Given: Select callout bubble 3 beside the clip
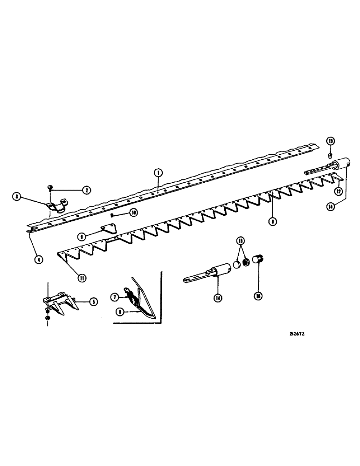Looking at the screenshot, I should [17, 197].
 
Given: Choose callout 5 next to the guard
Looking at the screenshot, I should [93, 302].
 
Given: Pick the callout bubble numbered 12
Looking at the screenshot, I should [338, 191].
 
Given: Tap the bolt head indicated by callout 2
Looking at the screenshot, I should [50, 187].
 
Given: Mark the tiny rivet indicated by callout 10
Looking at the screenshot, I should [114, 215].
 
